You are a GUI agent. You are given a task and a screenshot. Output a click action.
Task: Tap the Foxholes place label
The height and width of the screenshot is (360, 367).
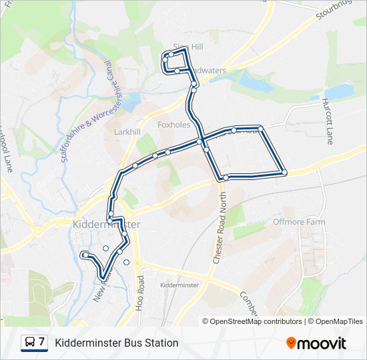pyautogui.click(x=173, y=125)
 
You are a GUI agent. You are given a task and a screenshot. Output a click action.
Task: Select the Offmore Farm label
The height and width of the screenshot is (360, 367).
pyautogui.click(x=298, y=221)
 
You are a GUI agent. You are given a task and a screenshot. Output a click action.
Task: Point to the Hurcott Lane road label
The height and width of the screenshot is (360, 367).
pyautogui.click(x=328, y=121)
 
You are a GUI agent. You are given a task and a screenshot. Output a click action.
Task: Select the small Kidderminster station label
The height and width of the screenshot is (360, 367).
pyautogui.click(x=180, y=285)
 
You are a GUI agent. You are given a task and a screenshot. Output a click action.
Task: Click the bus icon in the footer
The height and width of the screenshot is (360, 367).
pyautogui.click(x=31, y=343)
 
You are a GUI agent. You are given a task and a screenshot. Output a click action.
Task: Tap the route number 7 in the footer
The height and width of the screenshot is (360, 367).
pyautogui.click(x=42, y=343)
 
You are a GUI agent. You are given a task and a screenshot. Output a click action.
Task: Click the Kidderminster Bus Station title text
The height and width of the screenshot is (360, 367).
pyautogui.click(x=117, y=343)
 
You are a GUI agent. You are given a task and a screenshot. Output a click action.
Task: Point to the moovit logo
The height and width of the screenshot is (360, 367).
pyautogui.click(x=316, y=343)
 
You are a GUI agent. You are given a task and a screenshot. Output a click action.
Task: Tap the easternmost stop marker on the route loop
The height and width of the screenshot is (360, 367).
pyautogui.click(x=284, y=173)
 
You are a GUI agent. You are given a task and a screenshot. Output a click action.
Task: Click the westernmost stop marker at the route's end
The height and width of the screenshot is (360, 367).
pyautogui.click(x=84, y=255)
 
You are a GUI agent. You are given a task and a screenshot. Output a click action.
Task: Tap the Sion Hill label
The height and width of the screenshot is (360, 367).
pyautogui.click(x=188, y=47)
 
